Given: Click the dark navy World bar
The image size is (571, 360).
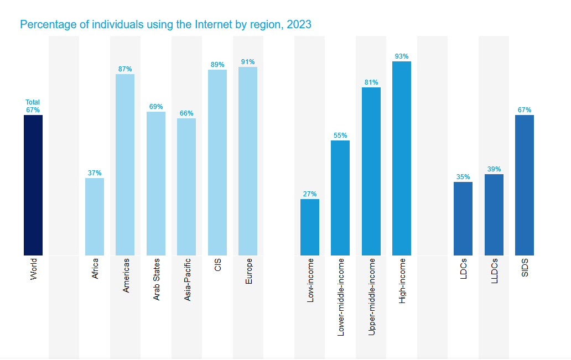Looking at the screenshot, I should [x=33, y=185].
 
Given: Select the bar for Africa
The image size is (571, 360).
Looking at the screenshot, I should [x=95, y=217].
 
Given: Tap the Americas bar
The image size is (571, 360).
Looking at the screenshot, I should [x=125, y=165].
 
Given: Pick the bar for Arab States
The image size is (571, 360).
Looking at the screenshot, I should [x=156, y=184].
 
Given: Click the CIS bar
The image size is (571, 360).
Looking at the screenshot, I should [x=217, y=163].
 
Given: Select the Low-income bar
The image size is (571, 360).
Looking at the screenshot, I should [x=310, y=227].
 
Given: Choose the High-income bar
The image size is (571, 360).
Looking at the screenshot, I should [x=402, y=158].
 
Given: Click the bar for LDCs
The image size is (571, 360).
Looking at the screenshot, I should [x=463, y=218].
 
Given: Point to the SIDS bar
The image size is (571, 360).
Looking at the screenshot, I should [x=525, y=185].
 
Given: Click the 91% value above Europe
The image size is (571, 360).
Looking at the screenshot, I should [x=248, y=62].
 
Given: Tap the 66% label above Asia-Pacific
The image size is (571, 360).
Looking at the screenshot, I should [x=186, y=113].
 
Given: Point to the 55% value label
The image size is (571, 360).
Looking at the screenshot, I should [x=340, y=135].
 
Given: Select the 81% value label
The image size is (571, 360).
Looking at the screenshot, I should [x=371, y=82].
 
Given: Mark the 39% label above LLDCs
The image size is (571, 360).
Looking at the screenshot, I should [x=494, y=169].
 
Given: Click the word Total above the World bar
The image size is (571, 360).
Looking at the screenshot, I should [x=33, y=102].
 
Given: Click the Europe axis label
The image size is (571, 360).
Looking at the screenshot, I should [x=248, y=272].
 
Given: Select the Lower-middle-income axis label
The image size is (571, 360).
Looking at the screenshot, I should [x=341, y=297].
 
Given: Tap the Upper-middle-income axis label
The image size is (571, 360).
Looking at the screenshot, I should [x=371, y=297].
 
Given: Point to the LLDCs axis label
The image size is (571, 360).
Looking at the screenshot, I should [x=494, y=270].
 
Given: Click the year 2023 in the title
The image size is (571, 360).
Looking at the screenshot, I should [x=299, y=24].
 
